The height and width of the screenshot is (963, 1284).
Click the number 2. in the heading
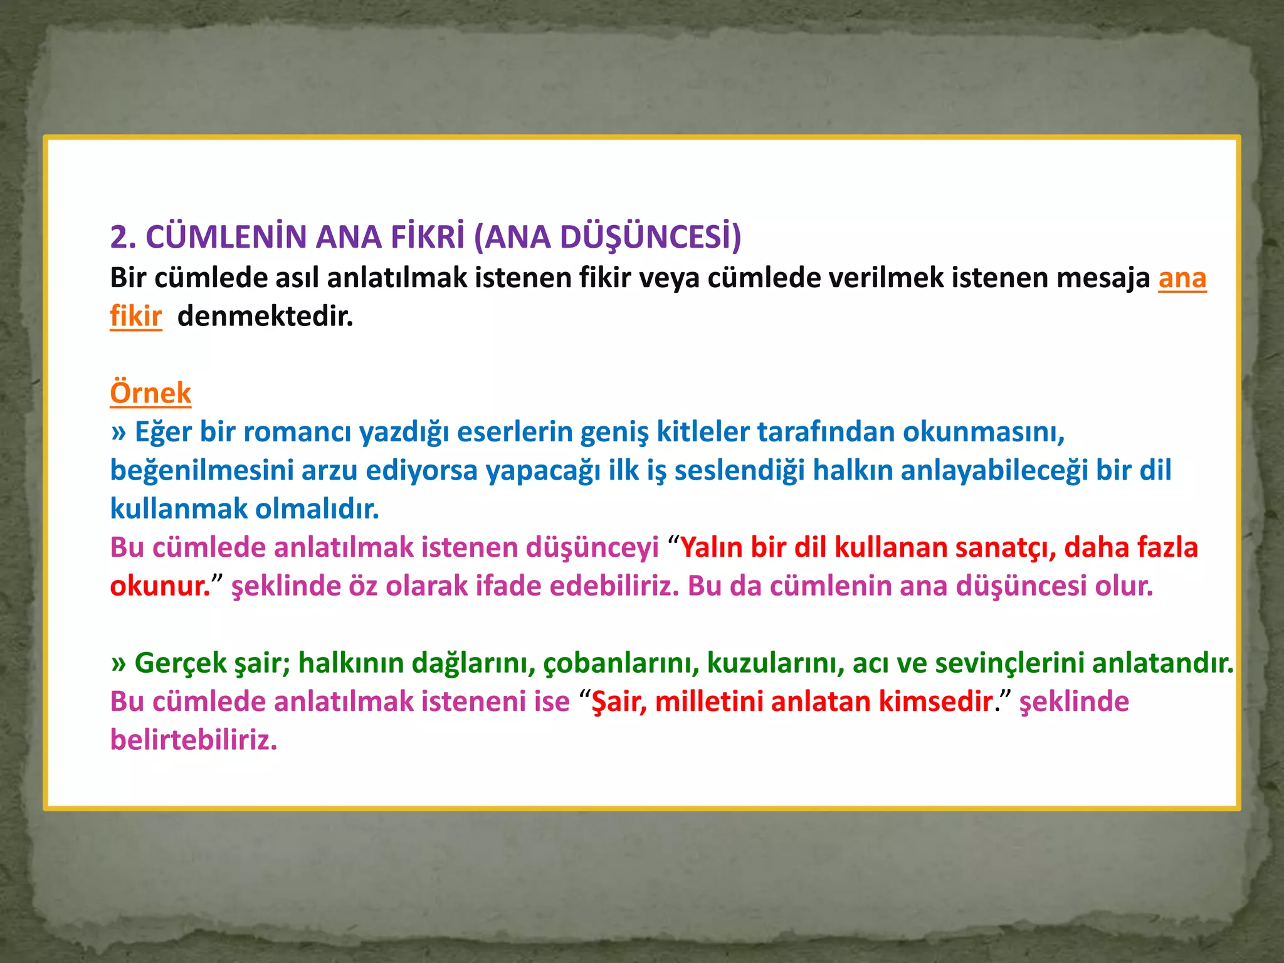click(124, 238)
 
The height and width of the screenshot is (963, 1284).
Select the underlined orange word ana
click(1182, 278)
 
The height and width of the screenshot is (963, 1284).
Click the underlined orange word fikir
click(136, 316)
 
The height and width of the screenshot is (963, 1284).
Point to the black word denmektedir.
click(265, 316)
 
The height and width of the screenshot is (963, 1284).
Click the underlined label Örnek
click(150, 393)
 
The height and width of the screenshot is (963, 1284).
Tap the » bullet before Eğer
click(118, 433)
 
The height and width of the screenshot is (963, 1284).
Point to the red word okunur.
click(160, 586)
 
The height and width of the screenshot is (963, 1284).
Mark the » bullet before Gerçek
click(118, 663)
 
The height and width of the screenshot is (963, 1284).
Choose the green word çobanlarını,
click(621, 663)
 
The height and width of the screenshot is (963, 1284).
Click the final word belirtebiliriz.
click(194, 740)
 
